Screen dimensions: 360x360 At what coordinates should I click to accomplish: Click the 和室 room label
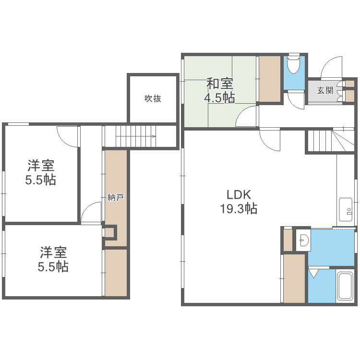[x=220, y=84]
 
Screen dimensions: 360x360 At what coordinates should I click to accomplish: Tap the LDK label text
[x=239, y=195]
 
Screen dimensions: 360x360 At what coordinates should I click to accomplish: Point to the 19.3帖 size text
[x=239, y=209]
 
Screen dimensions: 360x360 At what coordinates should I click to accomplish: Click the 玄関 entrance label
[x=325, y=90]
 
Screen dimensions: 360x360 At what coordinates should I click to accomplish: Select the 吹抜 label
[x=153, y=98]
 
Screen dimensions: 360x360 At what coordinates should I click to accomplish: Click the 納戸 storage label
[x=116, y=197]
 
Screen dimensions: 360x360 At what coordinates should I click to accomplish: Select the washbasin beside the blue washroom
[x=303, y=240]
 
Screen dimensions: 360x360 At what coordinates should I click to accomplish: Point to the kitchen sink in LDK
[x=346, y=209]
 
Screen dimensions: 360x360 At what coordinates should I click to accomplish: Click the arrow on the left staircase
[x=136, y=137]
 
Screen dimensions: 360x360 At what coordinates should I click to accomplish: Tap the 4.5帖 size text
[x=219, y=97]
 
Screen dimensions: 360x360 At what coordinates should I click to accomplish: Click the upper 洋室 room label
[x=41, y=165]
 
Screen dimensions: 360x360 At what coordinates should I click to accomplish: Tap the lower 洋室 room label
[x=53, y=252]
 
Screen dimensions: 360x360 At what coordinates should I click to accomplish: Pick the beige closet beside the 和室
[x=270, y=79]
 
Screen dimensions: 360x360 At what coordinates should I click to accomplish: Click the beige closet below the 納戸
[x=116, y=273]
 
